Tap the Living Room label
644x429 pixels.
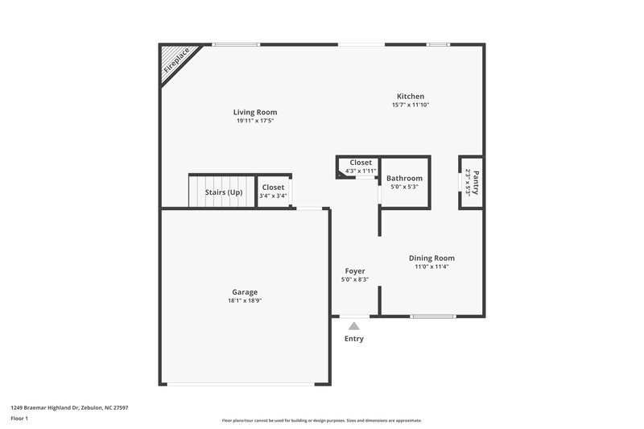point(255,113)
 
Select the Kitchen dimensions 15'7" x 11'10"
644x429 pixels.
point(410,105)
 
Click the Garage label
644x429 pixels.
point(244,292)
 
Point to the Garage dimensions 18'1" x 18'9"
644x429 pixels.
point(244,301)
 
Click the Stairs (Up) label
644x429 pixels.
point(223,192)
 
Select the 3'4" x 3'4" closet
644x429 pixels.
point(273,192)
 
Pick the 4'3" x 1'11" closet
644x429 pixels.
point(360,167)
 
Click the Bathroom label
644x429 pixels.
point(404,179)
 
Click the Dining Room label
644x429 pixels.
point(431,258)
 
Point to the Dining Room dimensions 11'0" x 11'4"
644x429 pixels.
point(431,267)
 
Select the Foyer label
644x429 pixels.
point(354,271)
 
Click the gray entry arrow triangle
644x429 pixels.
point(353,326)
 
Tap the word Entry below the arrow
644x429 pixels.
point(353,339)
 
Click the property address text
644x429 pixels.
point(69,408)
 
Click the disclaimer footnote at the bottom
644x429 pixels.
point(321,420)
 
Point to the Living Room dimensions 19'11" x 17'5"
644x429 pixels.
point(255,122)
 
